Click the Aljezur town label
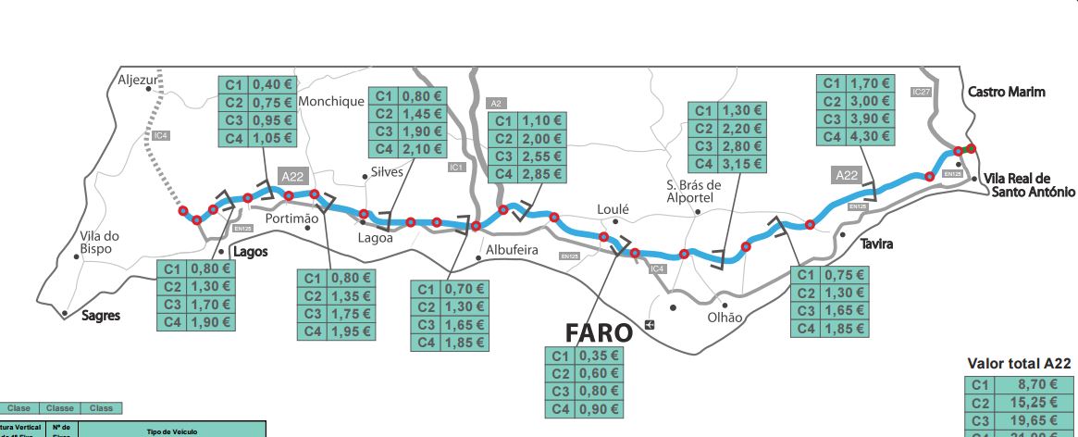pos(140,81)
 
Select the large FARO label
pos(600,332)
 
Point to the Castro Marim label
pos(1007,92)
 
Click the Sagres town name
pos(101,316)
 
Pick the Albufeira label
pos(512,250)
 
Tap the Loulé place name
pos(613,209)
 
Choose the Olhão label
pos(725,317)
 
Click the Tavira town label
pos(877,243)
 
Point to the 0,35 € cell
pos(600,355)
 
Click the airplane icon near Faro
pos(650,324)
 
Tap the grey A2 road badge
pos(496,103)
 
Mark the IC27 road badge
pos(920,92)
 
